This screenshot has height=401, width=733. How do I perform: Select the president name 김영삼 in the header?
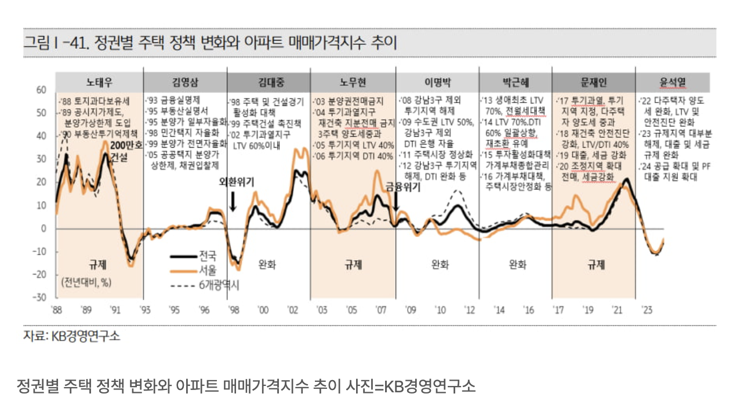(184, 82)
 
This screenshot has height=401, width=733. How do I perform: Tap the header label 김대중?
(268, 82)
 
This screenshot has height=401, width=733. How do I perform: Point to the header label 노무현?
(353, 82)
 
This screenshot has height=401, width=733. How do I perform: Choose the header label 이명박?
(437, 82)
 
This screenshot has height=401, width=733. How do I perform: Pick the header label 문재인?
(593, 82)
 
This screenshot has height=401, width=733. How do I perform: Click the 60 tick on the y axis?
(41, 90)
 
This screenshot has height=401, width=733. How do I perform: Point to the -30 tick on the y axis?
(39, 297)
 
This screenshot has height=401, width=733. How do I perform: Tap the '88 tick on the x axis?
(57, 310)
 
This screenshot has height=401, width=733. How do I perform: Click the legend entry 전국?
(208, 256)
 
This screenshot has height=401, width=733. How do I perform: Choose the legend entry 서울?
(208, 270)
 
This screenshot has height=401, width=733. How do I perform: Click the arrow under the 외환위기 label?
(233, 201)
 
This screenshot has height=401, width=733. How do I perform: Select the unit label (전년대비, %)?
(88, 282)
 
